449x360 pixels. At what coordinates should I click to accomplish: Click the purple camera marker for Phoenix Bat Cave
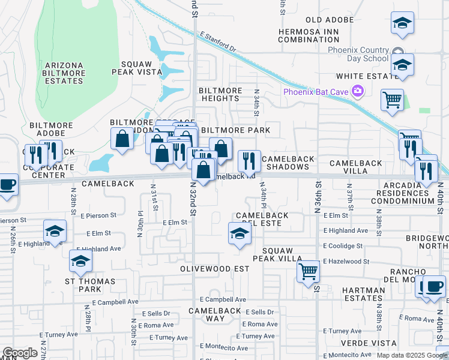point(358,91)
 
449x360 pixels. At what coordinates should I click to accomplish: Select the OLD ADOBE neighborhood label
point(330,20)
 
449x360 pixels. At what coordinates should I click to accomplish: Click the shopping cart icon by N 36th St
point(309,271)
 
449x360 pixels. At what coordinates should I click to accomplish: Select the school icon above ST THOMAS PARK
point(80,260)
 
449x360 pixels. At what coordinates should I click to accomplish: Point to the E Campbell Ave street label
point(223,299)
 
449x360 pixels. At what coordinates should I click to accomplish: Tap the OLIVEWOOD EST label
point(214,269)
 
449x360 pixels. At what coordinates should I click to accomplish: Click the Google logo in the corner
point(20,353)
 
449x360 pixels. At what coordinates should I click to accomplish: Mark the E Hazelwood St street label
point(346,261)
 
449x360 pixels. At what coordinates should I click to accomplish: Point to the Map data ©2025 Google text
point(412,355)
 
